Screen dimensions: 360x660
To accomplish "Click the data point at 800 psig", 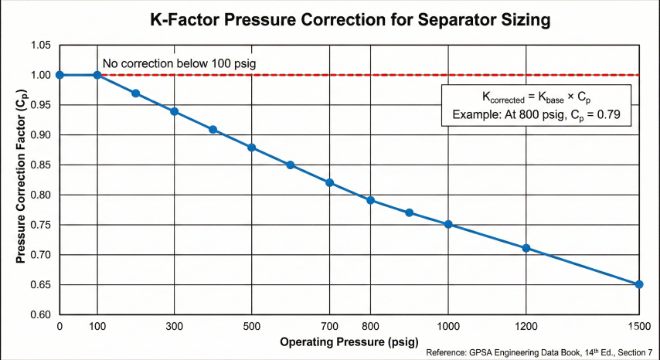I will (371, 200).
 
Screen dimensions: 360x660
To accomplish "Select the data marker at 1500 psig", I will (639, 284).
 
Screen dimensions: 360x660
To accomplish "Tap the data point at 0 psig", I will (60, 75).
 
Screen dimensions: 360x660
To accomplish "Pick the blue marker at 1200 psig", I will (526, 248).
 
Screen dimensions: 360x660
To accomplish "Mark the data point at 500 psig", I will (251, 148).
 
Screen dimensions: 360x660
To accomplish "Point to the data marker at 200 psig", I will (135, 93).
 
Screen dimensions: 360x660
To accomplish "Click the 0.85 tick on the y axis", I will (41, 165).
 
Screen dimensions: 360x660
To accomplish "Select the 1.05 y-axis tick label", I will (41, 45).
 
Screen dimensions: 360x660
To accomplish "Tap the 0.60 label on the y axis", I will (41, 314).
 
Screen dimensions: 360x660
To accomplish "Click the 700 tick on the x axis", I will (330, 328).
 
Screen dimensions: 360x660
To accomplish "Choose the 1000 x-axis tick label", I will (448, 328).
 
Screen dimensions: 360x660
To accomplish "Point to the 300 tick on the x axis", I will (174, 328).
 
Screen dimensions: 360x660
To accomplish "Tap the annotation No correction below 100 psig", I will (179, 63).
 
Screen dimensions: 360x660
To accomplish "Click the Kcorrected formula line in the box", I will (536, 97).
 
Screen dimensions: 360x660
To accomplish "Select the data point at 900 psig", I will (410, 212).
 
